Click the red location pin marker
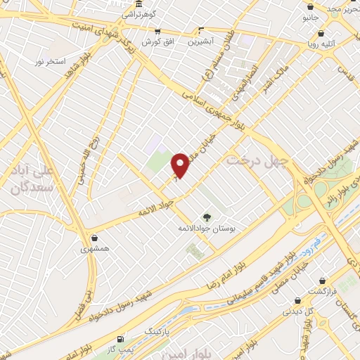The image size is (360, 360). (x=181, y=166)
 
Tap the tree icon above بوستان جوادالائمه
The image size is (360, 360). (x=206, y=217)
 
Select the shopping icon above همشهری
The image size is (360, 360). (x=94, y=238)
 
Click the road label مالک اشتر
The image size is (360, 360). (x=274, y=87)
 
